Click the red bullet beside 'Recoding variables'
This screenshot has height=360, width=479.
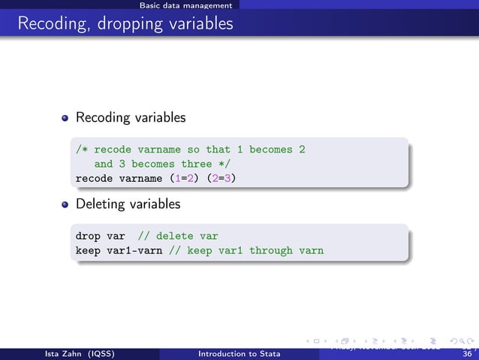(65, 119)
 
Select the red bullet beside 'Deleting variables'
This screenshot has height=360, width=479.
(65, 204)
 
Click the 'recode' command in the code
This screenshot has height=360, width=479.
(94, 179)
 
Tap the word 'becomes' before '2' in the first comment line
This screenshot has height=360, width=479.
(271, 150)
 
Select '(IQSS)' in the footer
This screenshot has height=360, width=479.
(96, 354)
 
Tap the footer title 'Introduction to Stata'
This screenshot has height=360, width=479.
(239, 354)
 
